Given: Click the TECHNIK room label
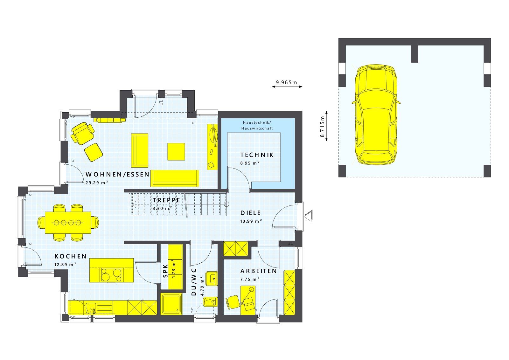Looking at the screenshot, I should pyautogui.click(x=257, y=155).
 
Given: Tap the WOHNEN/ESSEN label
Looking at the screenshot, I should pyautogui.click(x=117, y=175).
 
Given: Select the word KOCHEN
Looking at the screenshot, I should pyautogui.click(x=71, y=256).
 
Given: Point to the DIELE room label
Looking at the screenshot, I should pyautogui.click(x=250, y=213).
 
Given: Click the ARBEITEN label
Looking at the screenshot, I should pyautogui.click(x=258, y=271).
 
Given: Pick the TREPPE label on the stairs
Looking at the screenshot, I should pyautogui.click(x=166, y=200).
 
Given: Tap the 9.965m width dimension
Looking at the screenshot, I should pyautogui.click(x=286, y=83).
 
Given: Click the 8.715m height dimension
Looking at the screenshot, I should pyautogui.click(x=322, y=126).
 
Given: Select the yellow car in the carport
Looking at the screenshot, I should pyautogui.click(x=376, y=114).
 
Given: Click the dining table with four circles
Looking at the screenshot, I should pyautogui.click(x=68, y=223).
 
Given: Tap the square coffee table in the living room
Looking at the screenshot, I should pyautogui.click(x=176, y=152).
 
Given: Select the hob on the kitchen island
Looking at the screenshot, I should pyautogui.click(x=111, y=275).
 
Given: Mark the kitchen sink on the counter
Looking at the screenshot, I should pyautogui.click(x=91, y=308).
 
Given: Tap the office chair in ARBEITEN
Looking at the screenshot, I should pyautogui.click(x=233, y=301).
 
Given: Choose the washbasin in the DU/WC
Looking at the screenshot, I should pyautogui.click(x=211, y=279).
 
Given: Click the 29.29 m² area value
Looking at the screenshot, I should pyautogui.click(x=97, y=183).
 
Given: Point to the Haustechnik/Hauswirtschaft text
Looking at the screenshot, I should pyautogui.click(x=257, y=126).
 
